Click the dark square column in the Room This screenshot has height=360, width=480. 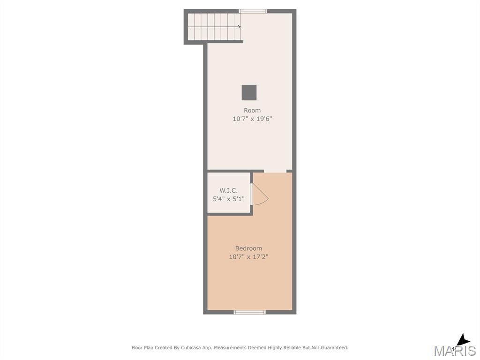249,92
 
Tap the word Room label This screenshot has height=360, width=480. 252,110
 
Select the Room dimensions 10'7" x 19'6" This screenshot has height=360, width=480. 252,119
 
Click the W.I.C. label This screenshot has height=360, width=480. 228,190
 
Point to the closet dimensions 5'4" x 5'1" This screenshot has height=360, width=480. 229,199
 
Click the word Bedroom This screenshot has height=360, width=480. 248,248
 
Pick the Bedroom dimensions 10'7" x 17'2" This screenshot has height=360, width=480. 248,257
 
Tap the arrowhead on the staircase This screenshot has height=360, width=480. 239,27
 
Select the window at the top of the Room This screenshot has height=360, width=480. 253,11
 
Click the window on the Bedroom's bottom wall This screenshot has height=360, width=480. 249,312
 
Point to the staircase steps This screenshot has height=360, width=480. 214,27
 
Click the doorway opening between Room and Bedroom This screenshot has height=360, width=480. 275,172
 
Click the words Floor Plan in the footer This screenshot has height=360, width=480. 142,348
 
